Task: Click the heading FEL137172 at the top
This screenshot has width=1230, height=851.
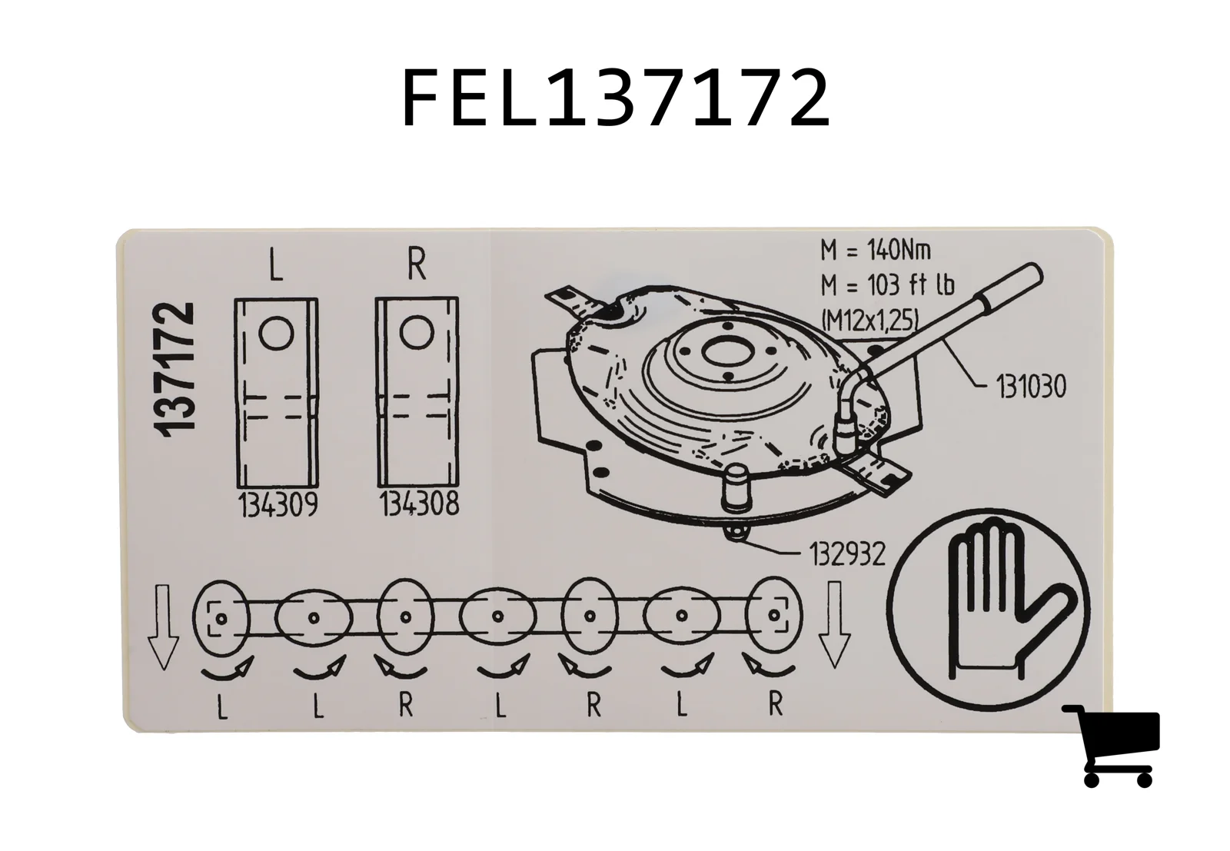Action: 616,98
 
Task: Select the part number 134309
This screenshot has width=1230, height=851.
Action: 278,505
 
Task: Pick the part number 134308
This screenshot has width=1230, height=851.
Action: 420,504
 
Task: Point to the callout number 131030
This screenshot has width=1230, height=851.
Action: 1031,386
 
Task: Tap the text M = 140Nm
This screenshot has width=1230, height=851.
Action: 876,251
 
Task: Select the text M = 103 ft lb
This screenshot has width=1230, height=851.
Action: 887,285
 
